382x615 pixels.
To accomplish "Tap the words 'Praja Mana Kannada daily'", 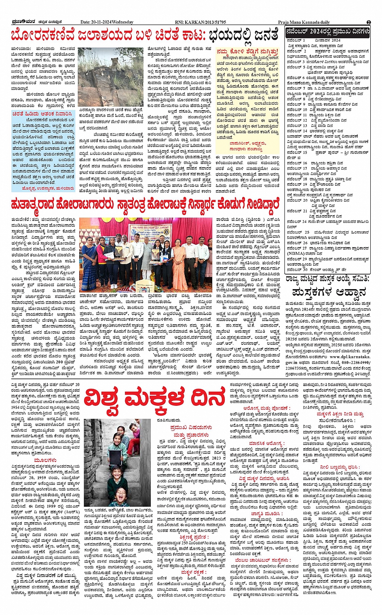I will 304,22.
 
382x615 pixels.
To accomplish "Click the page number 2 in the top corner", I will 369,22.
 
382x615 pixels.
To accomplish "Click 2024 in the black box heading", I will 319,31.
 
